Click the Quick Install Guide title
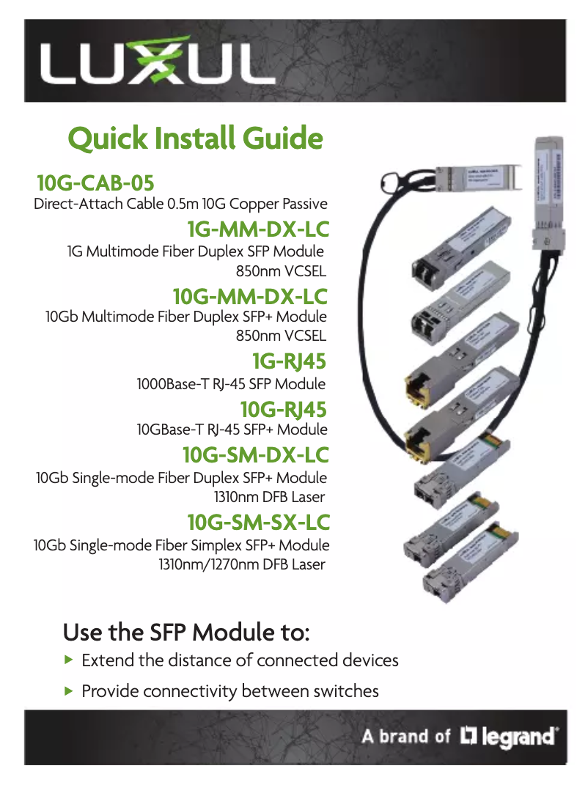pos(195,138)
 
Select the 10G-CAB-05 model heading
pos(95,183)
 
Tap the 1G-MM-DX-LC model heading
pos(257,229)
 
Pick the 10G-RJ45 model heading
pos(283,408)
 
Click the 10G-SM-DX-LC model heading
pos(255,454)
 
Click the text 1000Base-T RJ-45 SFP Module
pos(231,384)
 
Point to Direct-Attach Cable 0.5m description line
pos(180,203)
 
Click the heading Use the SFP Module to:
pos(187,631)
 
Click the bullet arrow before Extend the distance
pos(69,660)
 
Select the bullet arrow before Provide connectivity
pos(69,690)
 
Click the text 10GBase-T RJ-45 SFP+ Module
pos(232,430)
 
